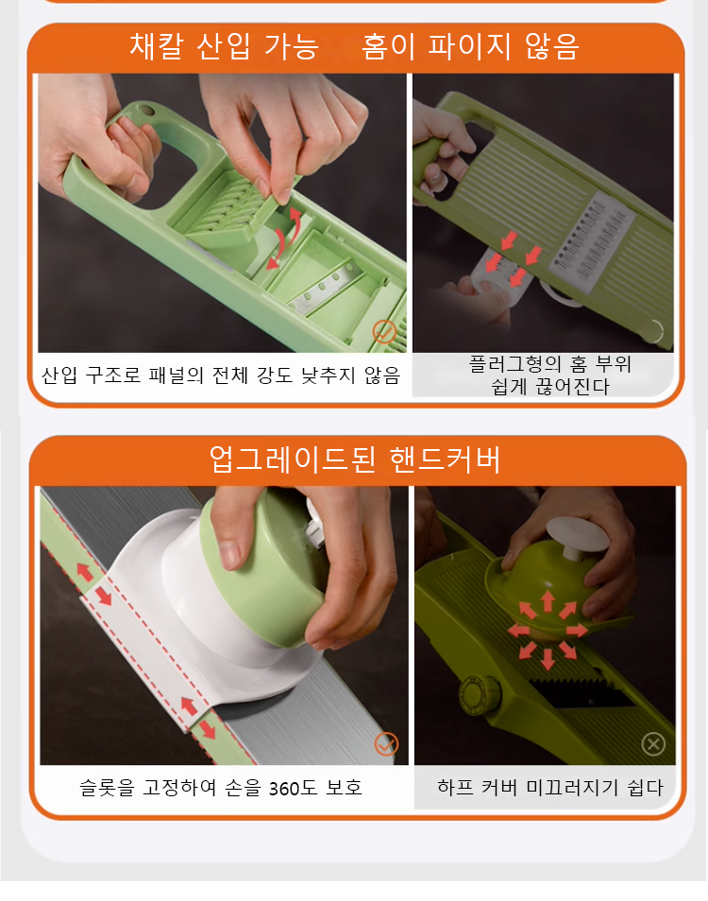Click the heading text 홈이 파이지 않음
click(471, 46)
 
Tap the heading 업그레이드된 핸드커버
click(354, 459)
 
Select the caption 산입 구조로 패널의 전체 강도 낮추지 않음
click(221, 375)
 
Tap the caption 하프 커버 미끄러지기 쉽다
click(550, 788)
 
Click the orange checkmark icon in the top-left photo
click(384, 331)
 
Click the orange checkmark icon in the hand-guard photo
click(385, 743)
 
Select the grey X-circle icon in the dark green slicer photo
click(653, 743)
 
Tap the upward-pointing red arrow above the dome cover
click(548, 600)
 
